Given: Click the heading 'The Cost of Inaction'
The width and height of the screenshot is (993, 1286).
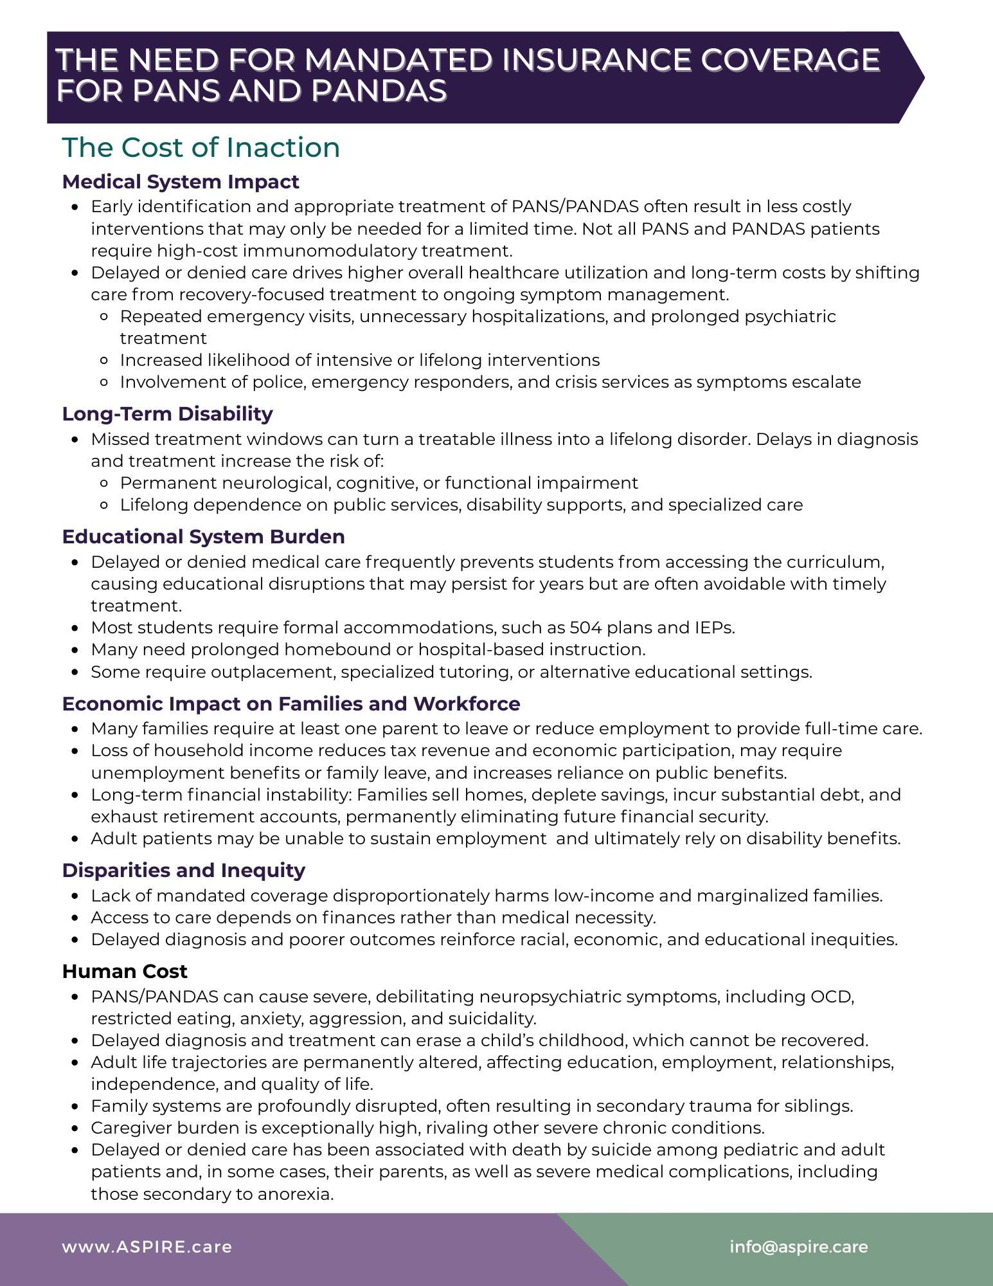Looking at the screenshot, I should pyautogui.click(x=201, y=147).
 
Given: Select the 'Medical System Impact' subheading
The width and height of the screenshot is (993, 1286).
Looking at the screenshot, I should pyautogui.click(x=181, y=182).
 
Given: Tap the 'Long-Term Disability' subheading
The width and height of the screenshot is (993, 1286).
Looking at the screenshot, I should pyautogui.click(x=167, y=413).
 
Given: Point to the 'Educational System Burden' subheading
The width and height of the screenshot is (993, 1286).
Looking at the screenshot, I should pyautogui.click(x=203, y=536).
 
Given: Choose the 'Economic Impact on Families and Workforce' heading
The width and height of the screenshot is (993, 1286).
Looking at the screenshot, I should pyautogui.click(x=291, y=703).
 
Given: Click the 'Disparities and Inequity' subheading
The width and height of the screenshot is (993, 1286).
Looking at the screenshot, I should pyautogui.click(x=183, y=870).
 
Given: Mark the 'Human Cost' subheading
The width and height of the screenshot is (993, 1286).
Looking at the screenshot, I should pyautogui.click(x=125, y=971).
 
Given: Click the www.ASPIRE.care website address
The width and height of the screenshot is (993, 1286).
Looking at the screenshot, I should pyautogui.click(x=147, y=1247).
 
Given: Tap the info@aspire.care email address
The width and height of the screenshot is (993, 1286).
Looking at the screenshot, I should pyautogui.click(x=798, y=1247).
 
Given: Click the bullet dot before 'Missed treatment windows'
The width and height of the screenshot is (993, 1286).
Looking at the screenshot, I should pyautogui.click(x=76, y=440).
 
